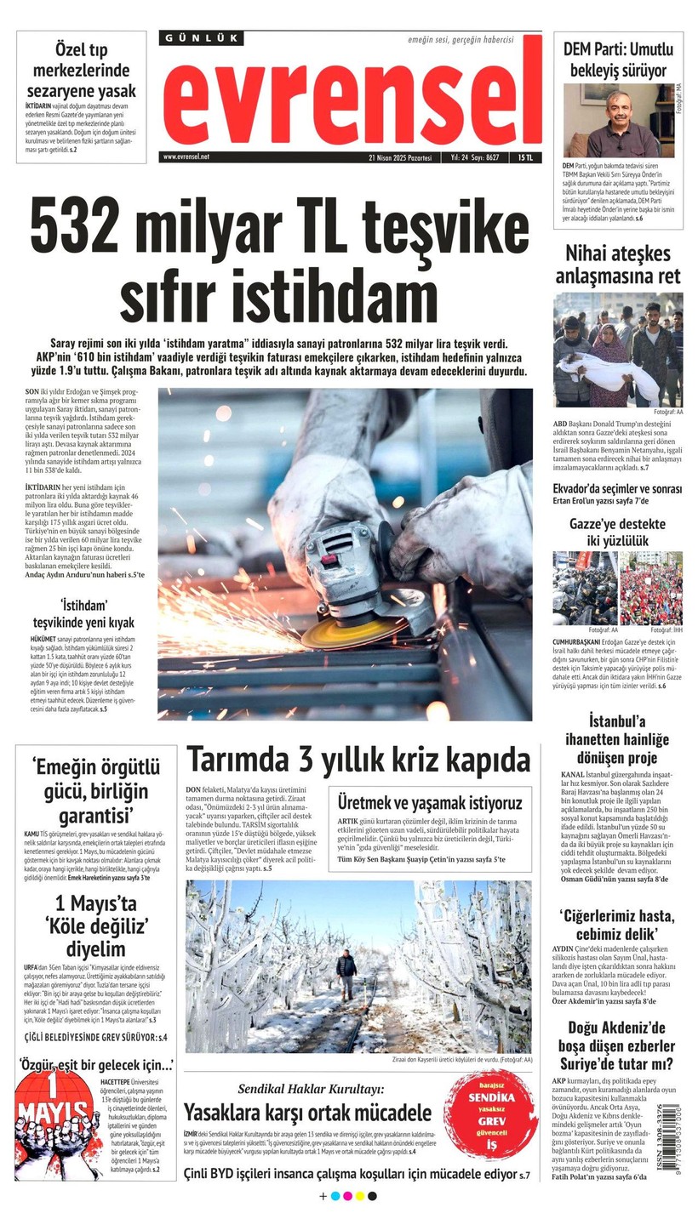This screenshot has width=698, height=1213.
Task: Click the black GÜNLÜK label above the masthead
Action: coord(201,38)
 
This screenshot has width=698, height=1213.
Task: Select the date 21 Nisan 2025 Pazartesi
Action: coord(400,157)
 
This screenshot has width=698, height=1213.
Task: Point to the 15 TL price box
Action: coord(525,157)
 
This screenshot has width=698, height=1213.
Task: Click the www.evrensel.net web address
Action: coord(186,157)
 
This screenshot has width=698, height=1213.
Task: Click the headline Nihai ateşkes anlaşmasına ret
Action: coord(618,264)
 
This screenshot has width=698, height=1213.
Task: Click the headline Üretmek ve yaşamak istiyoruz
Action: coord(429,802)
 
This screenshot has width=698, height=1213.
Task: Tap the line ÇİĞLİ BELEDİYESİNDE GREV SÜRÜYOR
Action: coord(95,1037)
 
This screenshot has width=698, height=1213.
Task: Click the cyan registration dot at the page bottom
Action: coord(335,1196)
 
